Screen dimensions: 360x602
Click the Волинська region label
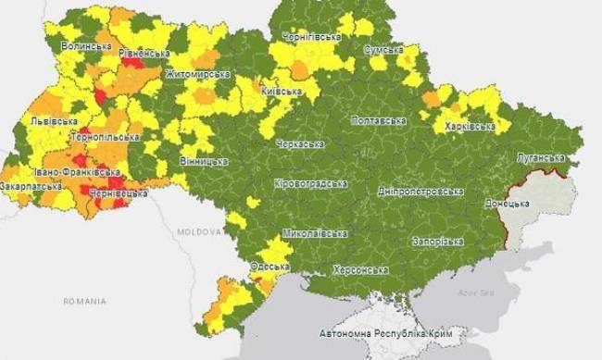[x=86, y=45]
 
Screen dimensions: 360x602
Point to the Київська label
[x=282, y=91]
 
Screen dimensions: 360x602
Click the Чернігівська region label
[x=310, y=35]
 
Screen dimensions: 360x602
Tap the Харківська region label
[x=468, y=126]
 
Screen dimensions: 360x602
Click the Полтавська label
[x=379, y=120]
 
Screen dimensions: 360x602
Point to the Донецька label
[x=508, y=202]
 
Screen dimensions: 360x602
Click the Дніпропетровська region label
[x=420, y=192]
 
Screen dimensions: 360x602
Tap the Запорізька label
[x=438, y=241]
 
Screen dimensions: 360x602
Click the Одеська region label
[x=270, y=267]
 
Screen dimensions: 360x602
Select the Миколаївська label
[x=314, y=233]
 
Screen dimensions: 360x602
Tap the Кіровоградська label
[x=311, y=183]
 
